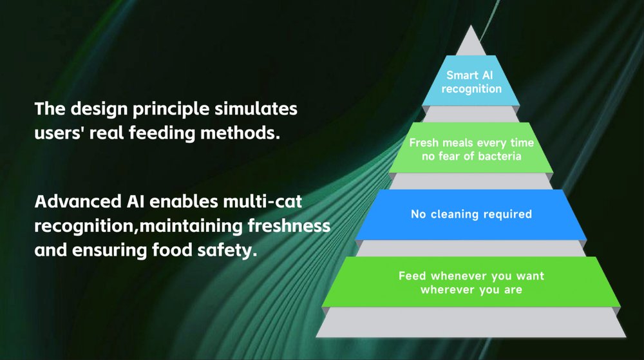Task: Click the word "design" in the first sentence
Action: pos(99,109)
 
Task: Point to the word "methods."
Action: pos(240,133)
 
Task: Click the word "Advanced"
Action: pos(78,202)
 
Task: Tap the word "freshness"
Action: pos(289,226)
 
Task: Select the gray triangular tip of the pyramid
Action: pos(471,43)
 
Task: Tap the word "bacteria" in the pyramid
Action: pos(500,156)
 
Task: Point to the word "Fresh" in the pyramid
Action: pos(424,143)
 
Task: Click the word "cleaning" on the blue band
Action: pos(455,214)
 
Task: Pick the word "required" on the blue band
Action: pos(507,214)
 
